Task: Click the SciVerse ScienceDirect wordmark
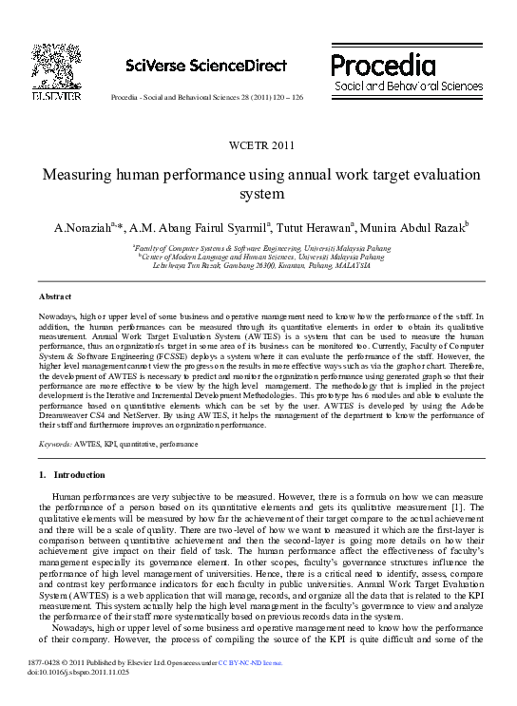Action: tap(206, 65)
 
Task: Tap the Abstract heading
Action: tap(54, 296)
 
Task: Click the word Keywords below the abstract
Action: tap(55, 444)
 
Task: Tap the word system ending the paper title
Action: tap(258, 194)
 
